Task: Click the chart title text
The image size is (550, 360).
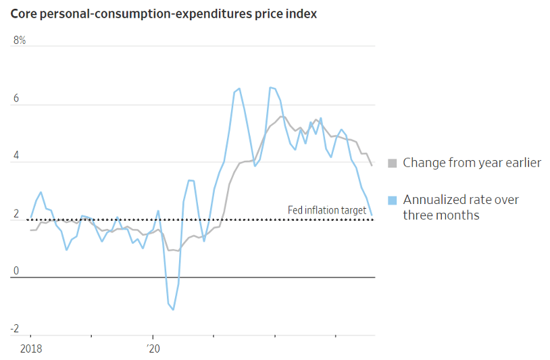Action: click(163, 14)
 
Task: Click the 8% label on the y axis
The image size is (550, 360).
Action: click(20, 41)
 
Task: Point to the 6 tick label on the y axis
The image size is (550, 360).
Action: click(16, 99)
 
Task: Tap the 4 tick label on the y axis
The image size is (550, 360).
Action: click(16, 157)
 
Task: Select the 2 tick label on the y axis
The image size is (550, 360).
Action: click(16, 214)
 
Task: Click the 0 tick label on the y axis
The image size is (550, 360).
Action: click(16, 272)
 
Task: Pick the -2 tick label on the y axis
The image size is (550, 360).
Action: click(15, 329)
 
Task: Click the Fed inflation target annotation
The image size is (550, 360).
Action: click(327, 210)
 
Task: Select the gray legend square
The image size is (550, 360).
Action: click(392, 163)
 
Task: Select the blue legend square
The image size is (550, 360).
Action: click(392, 200)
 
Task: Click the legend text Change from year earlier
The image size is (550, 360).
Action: click(472, 163)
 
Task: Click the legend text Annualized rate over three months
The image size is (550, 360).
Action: click(461, 207)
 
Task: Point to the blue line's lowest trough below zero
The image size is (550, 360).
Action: click(173, 310)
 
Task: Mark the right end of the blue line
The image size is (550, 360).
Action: click(372, 215)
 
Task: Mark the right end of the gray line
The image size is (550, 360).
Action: click(372, 165)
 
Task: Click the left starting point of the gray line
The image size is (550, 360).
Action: click(30, 230)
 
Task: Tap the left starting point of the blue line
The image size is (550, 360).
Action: click(30, 217)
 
